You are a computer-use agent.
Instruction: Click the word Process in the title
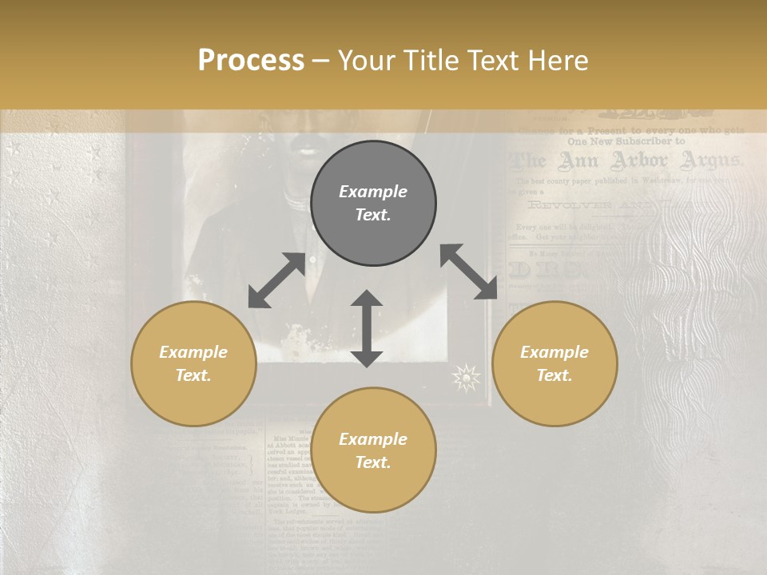click(x=251, y=61)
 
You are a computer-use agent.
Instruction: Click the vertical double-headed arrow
click(x=367, y=328)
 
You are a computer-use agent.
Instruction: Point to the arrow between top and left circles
click(x=276, y=280)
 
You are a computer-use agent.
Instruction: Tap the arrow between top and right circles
click(x=468, y=272)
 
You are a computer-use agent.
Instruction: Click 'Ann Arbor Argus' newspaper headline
click(x=626, y=161)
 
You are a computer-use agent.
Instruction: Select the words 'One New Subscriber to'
click(x=626, y=141)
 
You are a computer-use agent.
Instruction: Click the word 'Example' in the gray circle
click(x=373, y=192)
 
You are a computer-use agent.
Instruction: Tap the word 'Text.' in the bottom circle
click(x=373, y=462)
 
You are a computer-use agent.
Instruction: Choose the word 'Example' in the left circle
click(x=193, y=352)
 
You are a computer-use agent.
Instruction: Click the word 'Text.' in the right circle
click(x=554, y=375)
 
